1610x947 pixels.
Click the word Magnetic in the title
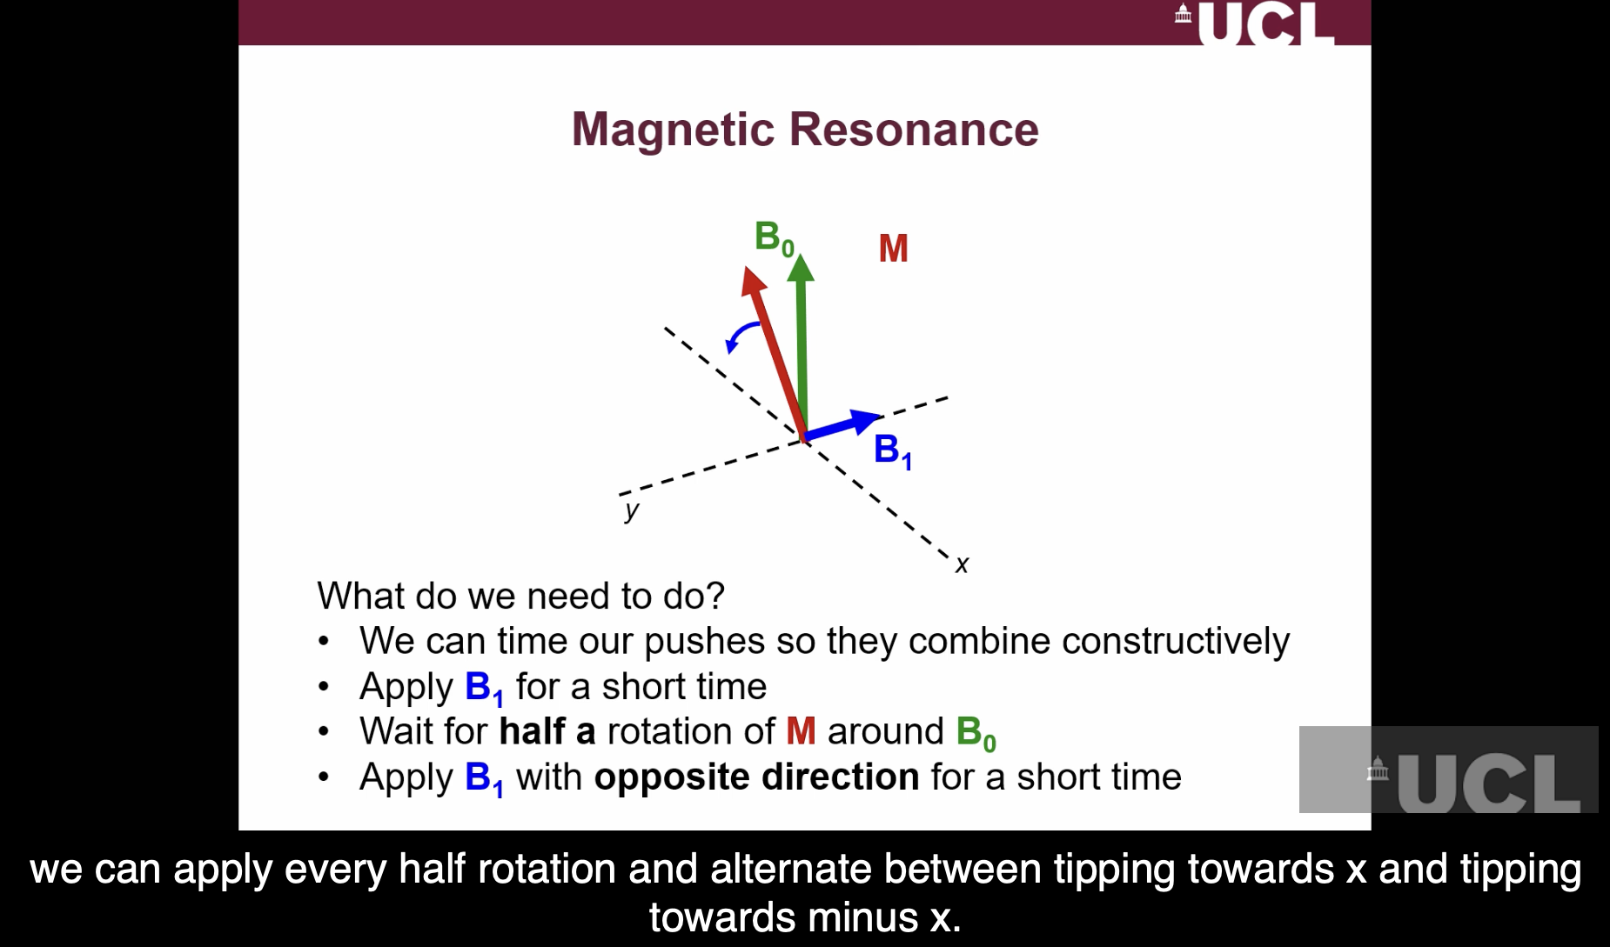(x=673, y=130)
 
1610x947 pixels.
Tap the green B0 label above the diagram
(x=773, y=237)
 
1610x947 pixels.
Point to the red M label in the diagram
(x=893, y=249)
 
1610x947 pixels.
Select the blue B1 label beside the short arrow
(x=892, y=450)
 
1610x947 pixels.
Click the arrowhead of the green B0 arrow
(x=801, y=267)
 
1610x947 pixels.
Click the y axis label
(x=632, y=510)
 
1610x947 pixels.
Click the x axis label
(x=962, y=565)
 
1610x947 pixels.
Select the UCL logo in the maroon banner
(x=1256, y=24)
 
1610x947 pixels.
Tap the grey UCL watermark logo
(x=1448, y=771)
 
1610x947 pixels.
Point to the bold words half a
(x=547, y=731)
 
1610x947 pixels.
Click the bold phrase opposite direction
(x=755, y=777)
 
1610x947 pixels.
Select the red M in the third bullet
(x=801, y=731)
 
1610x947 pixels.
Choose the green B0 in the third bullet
(x=975, y=733)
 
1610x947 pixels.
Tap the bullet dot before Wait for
(x=324, y=732)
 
